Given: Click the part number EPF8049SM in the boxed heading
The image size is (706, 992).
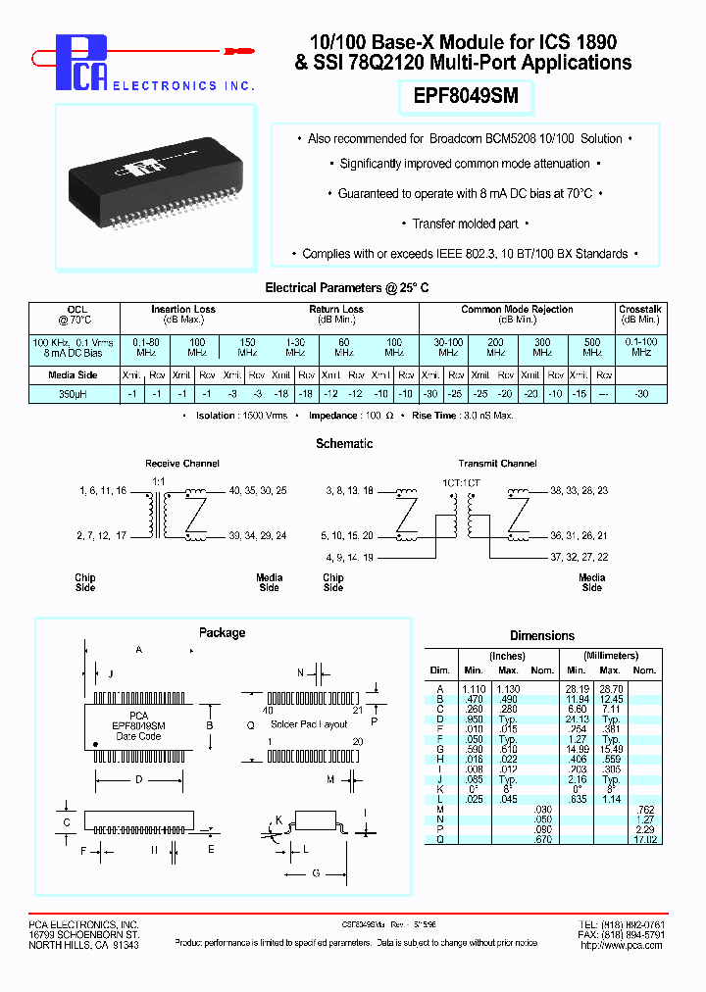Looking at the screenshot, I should pyautogui.click(x=465, y=96).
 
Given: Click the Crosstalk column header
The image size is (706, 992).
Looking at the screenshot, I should pyautogui.click(x=640, y=310).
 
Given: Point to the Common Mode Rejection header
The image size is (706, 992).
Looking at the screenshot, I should pyautogui.click(x=517, y=310).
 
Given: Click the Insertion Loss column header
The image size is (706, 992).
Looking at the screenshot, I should pyautogui.click(x=183, y=310).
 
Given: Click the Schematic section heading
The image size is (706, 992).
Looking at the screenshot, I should pyautogui.click(x=344, y=444).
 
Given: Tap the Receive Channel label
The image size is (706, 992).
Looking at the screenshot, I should pyautogui.click(x=182, y=464).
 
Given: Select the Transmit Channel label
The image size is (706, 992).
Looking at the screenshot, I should pyautogui.click(x=497, y=464).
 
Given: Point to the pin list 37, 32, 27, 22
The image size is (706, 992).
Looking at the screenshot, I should pyautogui.click(x=579, y=557).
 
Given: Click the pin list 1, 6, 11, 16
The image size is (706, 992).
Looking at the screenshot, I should pyautogui.click(x=102, y=489).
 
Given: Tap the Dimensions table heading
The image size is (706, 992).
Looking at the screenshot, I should pyautogui.click(x=542, y=636).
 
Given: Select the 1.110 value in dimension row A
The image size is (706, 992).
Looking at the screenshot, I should pyautogui.click(x=474, y=689).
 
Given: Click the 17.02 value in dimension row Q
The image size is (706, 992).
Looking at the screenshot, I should pyautogui.click(x=644, y=839).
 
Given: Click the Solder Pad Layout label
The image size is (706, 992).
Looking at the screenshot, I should pyautogui.click(x=309, y=724).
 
